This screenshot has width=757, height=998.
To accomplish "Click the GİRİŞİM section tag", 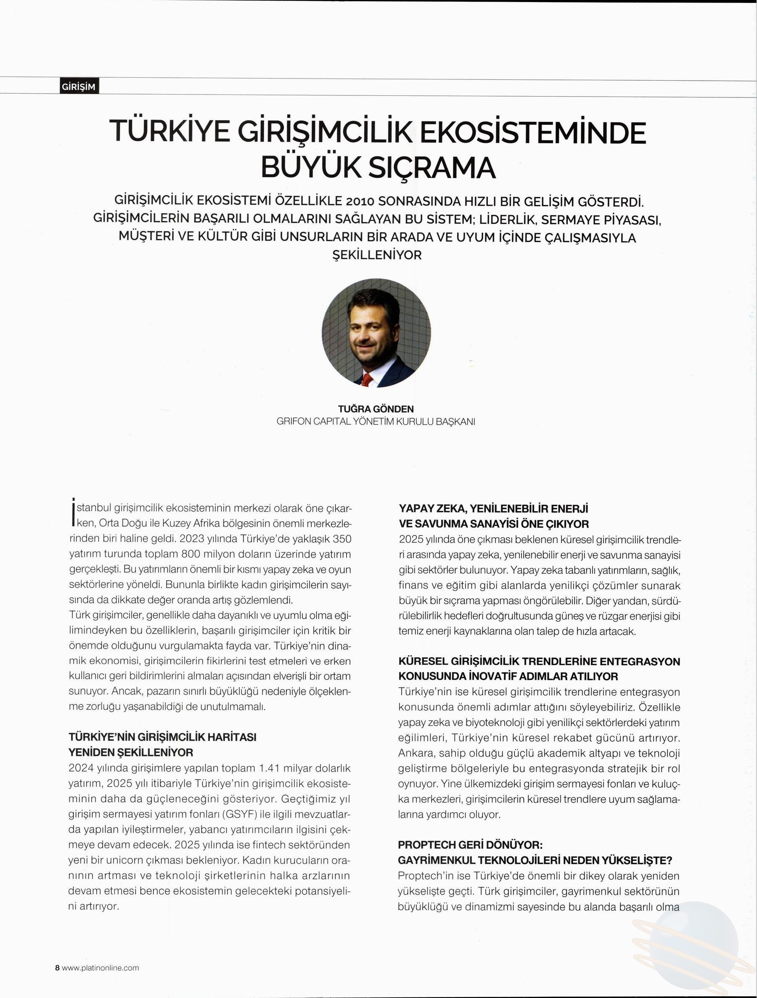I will [79, 87].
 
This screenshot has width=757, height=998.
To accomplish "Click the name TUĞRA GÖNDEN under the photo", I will [376, 409].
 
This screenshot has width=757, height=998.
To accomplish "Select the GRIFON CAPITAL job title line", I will [376, 422].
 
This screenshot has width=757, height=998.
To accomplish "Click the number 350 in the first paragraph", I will [342, 539].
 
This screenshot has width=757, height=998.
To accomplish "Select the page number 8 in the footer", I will [57, 968].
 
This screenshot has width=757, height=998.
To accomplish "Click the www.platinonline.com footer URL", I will [100, 968].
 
